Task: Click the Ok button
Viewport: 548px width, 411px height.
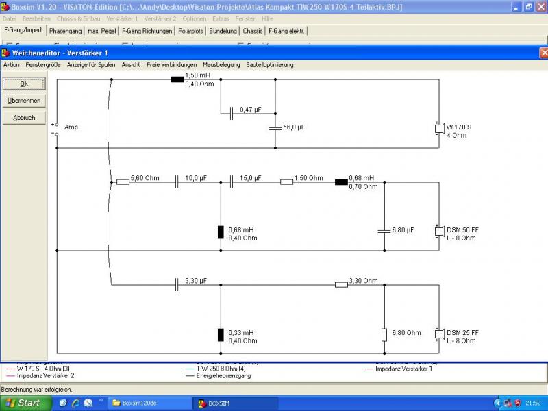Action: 24,84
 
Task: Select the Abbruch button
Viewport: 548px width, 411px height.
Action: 24,118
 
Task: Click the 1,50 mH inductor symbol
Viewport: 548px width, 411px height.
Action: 177,79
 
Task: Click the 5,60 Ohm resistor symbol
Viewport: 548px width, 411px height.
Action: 123,182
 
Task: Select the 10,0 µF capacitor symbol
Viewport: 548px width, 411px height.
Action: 177,182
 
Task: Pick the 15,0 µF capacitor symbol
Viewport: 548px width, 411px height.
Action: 232,182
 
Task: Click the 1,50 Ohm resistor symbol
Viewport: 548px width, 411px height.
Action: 286,182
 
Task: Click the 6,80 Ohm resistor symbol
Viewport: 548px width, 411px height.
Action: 384,334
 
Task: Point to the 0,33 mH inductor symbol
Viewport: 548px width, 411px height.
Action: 221,334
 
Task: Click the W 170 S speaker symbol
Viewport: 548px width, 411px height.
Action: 439,129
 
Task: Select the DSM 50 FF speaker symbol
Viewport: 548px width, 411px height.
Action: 439,232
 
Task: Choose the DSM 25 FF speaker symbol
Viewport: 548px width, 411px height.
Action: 439,334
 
